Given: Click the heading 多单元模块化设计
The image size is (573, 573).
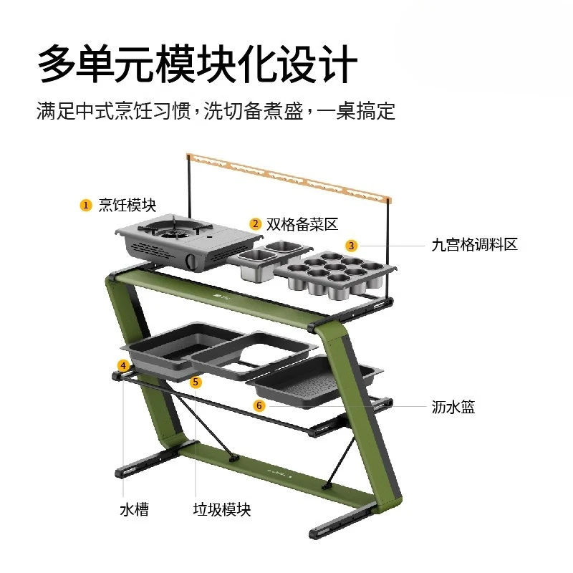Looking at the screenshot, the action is pos(198,64).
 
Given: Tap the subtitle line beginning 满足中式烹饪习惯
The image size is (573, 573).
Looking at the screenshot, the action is pos(216,111).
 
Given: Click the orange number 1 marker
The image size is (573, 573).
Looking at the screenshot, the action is pos(85,205).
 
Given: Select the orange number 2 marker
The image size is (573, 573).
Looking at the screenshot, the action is pos(255,223).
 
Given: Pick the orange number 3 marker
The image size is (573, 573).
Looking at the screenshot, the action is pos(351,246).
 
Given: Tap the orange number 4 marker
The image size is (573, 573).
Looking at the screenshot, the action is pos(123,365).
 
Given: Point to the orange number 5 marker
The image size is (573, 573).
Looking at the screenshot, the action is pos(196,382).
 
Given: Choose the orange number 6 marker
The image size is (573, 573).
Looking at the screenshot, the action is pos(259,405).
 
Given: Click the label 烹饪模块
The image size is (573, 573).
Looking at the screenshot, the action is pos(127,205).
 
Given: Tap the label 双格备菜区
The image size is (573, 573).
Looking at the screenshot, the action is pos(302,224).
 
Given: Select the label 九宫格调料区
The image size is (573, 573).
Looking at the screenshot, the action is pos(474,244).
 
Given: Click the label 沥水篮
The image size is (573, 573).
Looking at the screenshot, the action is pos(453,407).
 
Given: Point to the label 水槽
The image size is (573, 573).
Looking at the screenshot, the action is pos(134,509).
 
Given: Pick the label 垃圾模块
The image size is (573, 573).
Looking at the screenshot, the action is pos(222,509).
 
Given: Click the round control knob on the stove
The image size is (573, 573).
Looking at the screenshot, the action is pos(191,261).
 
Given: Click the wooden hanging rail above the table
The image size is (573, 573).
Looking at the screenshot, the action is pos(289,178).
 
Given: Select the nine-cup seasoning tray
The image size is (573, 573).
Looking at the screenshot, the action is pos(335,274).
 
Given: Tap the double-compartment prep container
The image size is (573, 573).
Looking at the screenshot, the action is pos(271,260).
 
